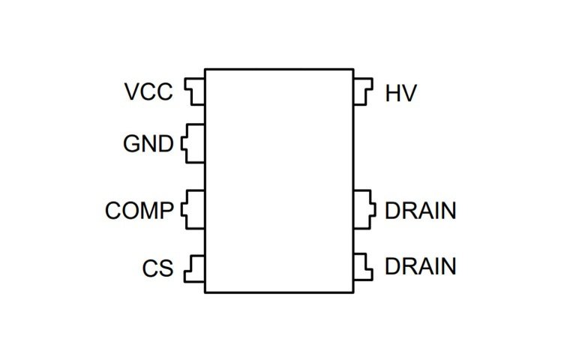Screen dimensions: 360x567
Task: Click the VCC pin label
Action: coord(148,93)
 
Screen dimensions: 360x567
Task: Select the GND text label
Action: coord(148,143)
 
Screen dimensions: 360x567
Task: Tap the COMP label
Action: coord(139,211)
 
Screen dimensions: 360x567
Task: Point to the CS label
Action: coord(157,268)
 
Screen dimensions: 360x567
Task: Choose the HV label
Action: coord(401,94)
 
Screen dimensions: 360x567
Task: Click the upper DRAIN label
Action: coord(420,211)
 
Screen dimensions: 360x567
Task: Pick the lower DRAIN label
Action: coord(420,266)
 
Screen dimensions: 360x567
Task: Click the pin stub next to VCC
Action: coord(196,92)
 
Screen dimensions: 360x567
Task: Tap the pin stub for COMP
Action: coord(194,210)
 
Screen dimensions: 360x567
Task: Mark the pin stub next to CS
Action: coord(196,267)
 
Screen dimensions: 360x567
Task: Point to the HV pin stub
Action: coord(361,93)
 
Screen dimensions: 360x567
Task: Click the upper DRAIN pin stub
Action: coord(364,210)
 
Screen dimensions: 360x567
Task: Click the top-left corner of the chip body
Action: coord(205,70)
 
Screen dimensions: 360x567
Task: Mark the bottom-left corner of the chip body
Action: coord(205,292)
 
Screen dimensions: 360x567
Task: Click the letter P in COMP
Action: coord(166,211)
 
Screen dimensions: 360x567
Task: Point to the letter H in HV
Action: coord(393,94)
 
